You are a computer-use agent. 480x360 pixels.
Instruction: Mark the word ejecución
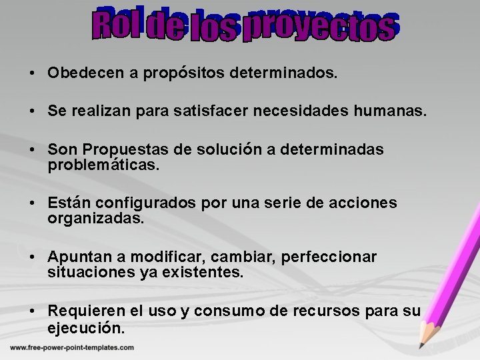coord(86,328)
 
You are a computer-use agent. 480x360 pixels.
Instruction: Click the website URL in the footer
coord(72,347)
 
